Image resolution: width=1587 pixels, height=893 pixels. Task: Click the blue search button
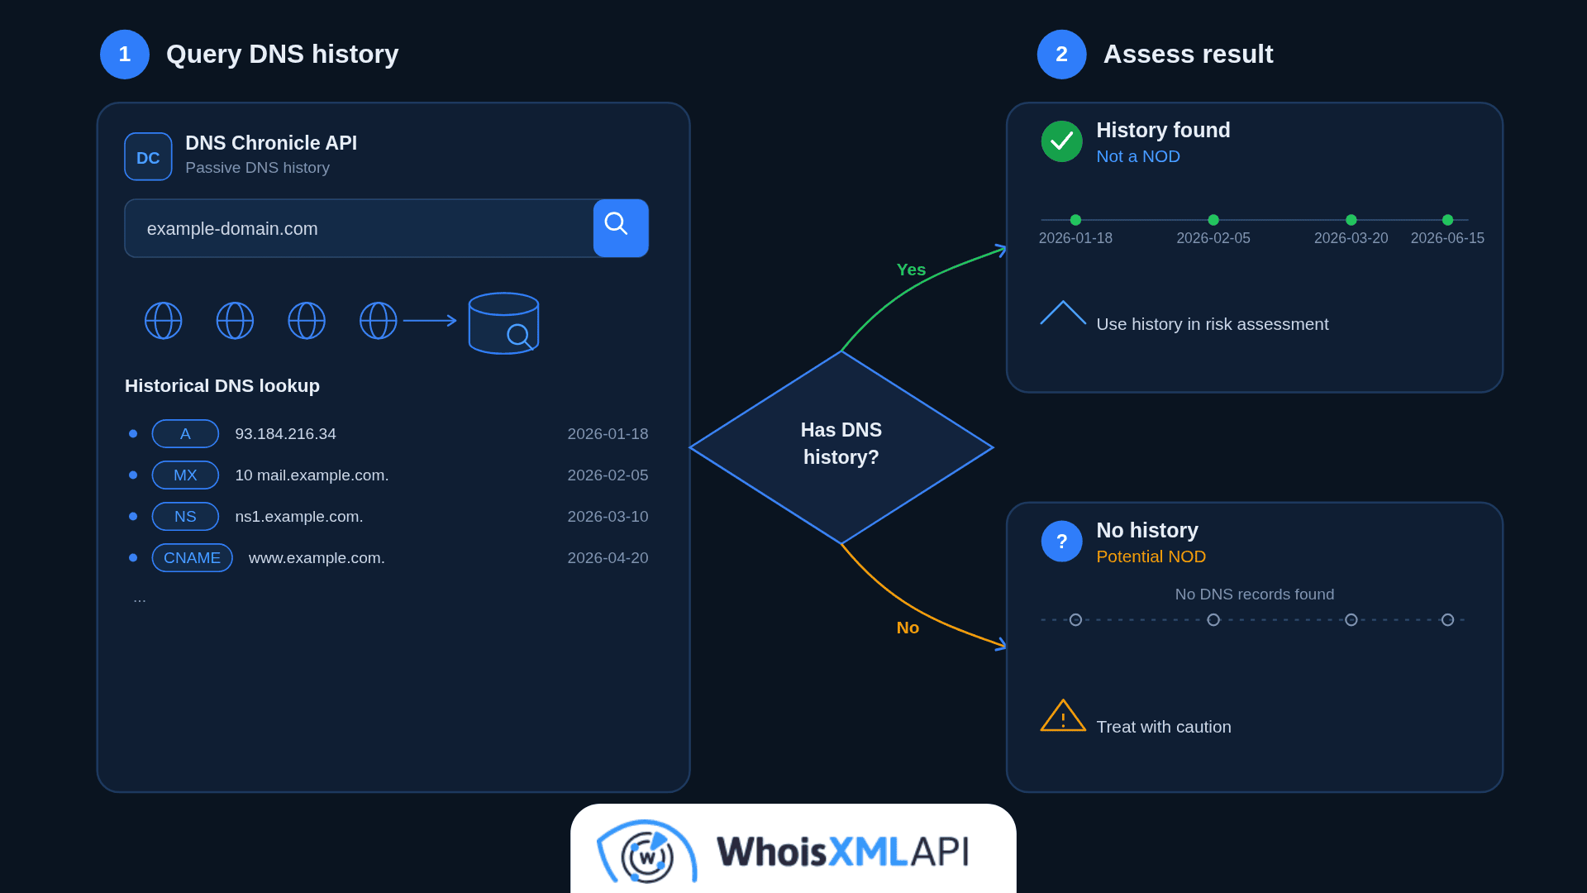(x=621, y=228)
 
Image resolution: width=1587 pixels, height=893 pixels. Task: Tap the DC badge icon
(x=148, y=156)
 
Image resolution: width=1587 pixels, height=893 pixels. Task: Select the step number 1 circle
(x=125, y=55)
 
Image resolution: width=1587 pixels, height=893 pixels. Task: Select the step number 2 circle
(x=1061, y=55)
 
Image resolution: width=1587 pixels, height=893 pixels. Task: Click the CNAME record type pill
(x=192, y=557)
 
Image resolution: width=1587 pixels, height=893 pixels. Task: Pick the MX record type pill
(x=185, y=475)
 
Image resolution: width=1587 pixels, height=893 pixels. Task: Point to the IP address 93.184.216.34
(x=285, y=434)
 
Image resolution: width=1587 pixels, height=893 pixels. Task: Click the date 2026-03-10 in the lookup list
(x=608, y=517)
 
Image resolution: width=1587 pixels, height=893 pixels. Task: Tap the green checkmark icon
(x=1061, y=141)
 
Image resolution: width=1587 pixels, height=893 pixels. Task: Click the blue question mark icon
(x=1061, y=542)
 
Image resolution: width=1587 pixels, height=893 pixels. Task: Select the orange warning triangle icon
(x=1063, y=716)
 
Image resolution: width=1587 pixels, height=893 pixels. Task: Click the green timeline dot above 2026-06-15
(x=1447, y=220)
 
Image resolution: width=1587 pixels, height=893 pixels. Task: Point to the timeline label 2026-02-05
(x=1213, y=238)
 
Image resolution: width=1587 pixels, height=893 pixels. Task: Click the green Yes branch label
(x=911, y=270)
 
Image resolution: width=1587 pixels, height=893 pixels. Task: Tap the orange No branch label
(x=908, y=628)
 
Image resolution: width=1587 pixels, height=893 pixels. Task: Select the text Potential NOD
(x=1151, y=556)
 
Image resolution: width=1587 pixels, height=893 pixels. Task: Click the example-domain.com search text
(x=232, y=229)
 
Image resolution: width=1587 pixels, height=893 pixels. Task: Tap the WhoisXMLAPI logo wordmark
(x=842, y=852)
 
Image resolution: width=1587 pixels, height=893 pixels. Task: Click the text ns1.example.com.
(x=299, y=517)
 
